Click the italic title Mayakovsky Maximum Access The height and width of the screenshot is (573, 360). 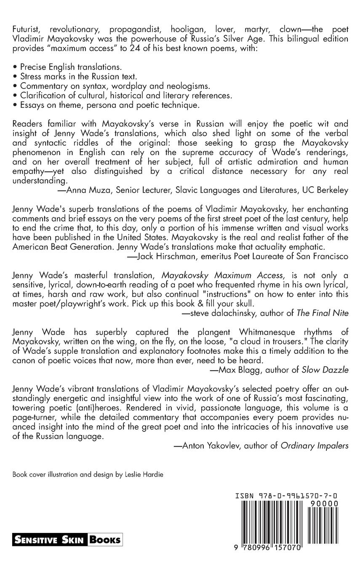point(222,275)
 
